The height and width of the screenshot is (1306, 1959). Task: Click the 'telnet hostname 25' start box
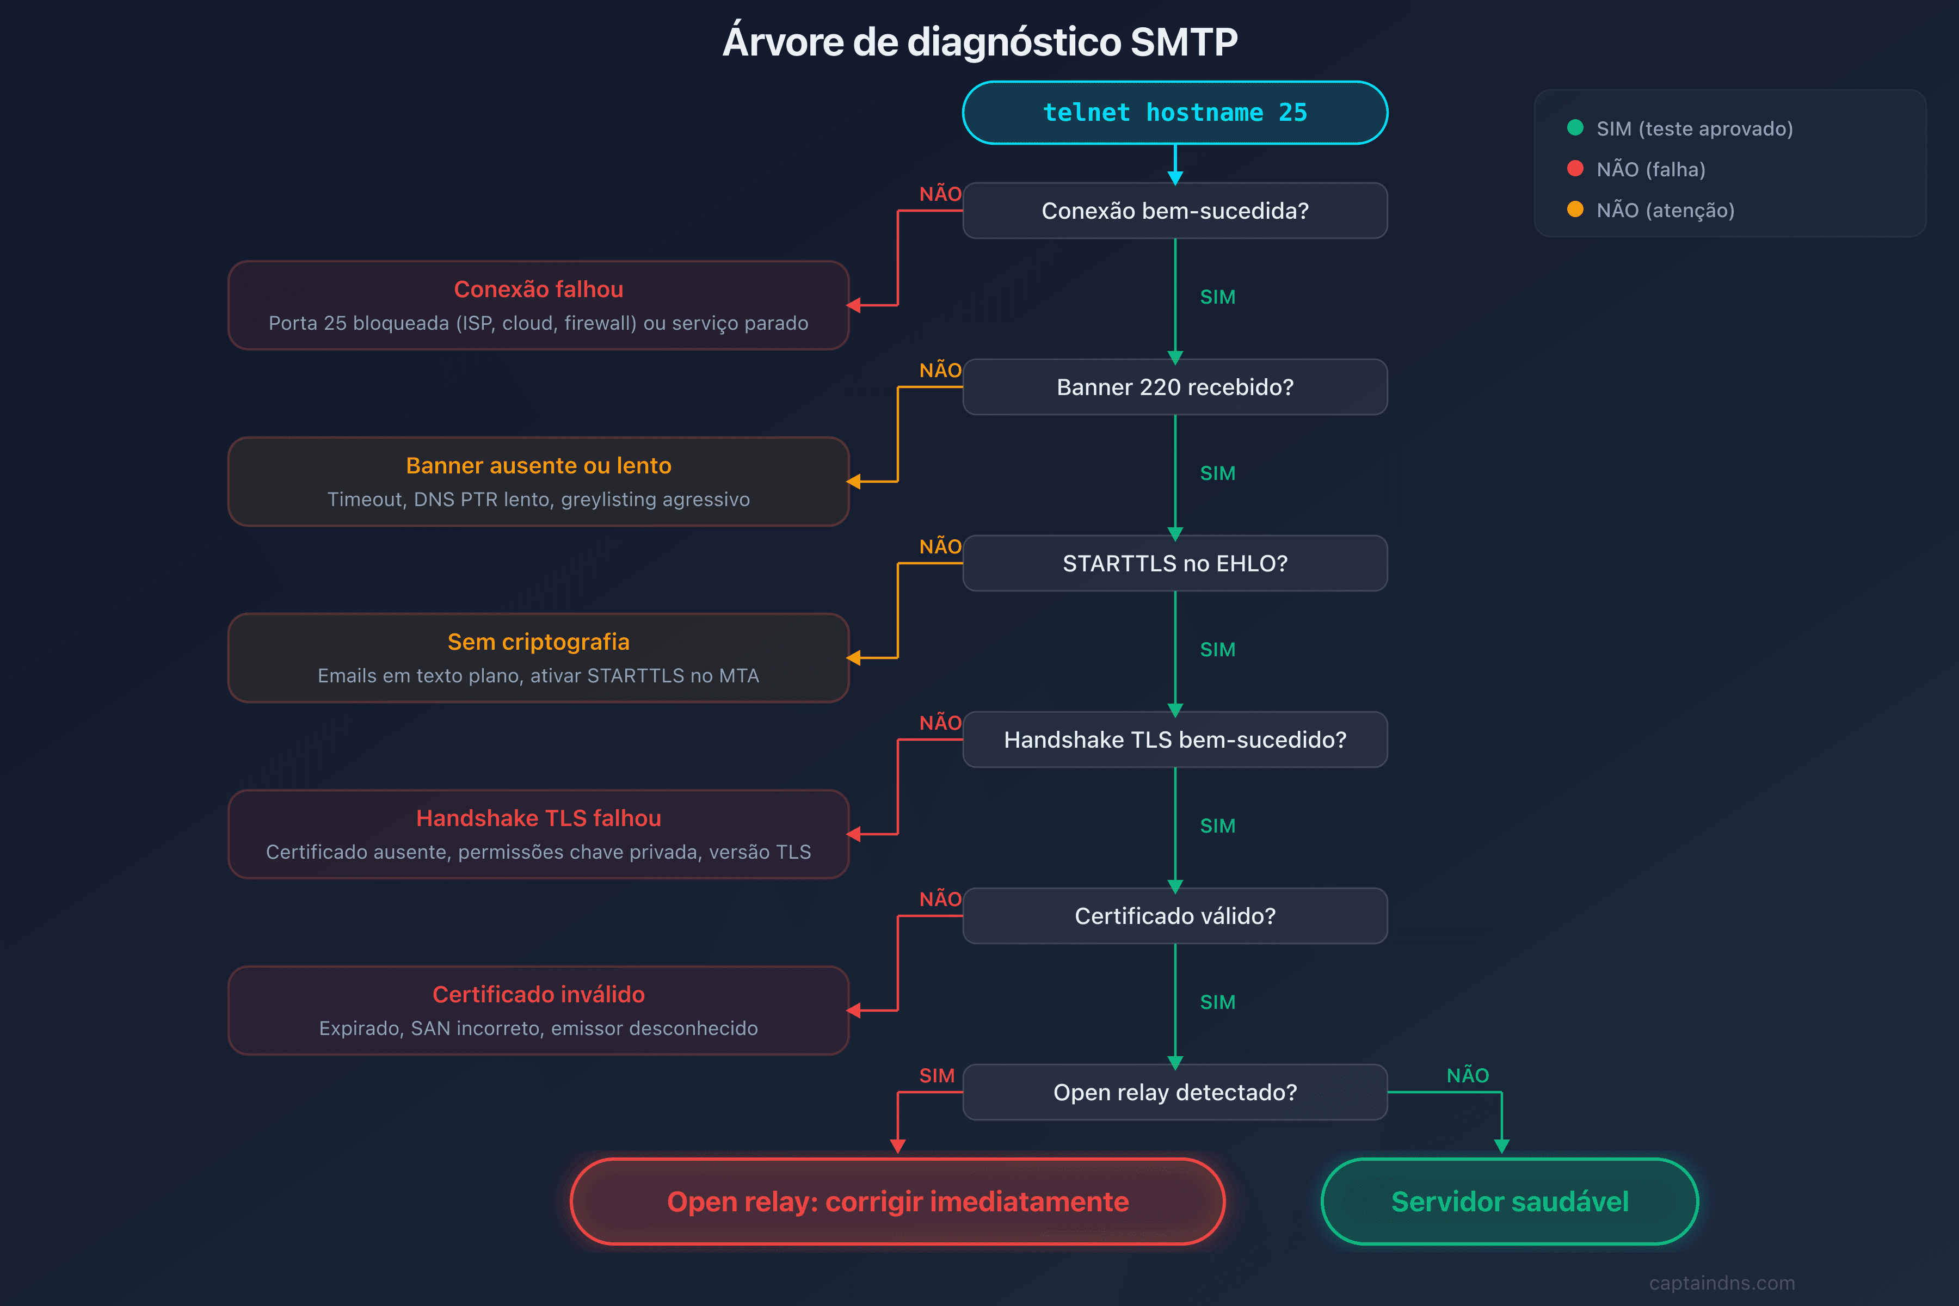[x=1174, y=113]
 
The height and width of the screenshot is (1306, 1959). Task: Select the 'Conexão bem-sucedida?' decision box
[x=1174, y=211]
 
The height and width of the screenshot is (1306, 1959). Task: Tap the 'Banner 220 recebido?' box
[x=1174, y=387]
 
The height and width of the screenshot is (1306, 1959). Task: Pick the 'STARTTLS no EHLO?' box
[x=1174, y=564]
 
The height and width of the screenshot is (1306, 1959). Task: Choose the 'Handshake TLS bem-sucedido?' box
[x=1174, y=740]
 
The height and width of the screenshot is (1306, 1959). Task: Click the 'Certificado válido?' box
[x=1174, y=916]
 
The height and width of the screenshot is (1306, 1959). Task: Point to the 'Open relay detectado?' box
[x=1174, y=1092]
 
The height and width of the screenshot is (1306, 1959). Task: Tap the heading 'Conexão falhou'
[x=538, y=289]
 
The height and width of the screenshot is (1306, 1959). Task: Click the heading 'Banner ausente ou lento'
[x=538, y=466]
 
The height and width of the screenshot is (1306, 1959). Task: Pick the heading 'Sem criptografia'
[x=538, y=642]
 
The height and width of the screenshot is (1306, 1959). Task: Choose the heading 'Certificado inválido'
[x=538, y=995]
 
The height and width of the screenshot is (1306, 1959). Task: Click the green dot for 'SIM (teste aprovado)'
[x=1575, y=127]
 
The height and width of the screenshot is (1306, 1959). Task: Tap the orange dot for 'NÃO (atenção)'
[x=1575, y=209]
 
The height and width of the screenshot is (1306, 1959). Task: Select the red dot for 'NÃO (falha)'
[x=1575, y=168]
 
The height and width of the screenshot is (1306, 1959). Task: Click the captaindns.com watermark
[x=1722, y=1283]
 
